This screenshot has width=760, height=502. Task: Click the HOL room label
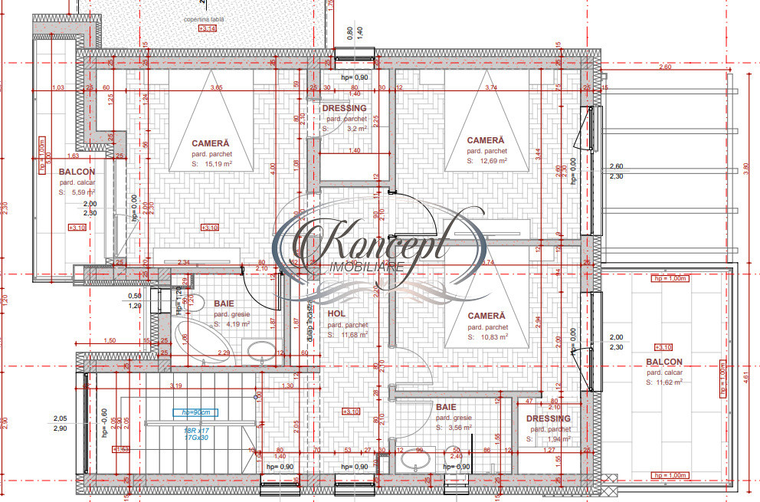[x=336, y=314]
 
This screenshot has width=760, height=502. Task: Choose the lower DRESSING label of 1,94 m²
[x=548, y=418]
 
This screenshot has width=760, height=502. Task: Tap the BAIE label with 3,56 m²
[x=446, y=408]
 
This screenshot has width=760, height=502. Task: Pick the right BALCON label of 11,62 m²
[x=663, y=362]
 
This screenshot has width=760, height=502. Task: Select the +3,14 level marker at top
[x=207, y=28]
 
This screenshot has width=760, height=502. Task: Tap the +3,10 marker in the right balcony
[x=664, y=346]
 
